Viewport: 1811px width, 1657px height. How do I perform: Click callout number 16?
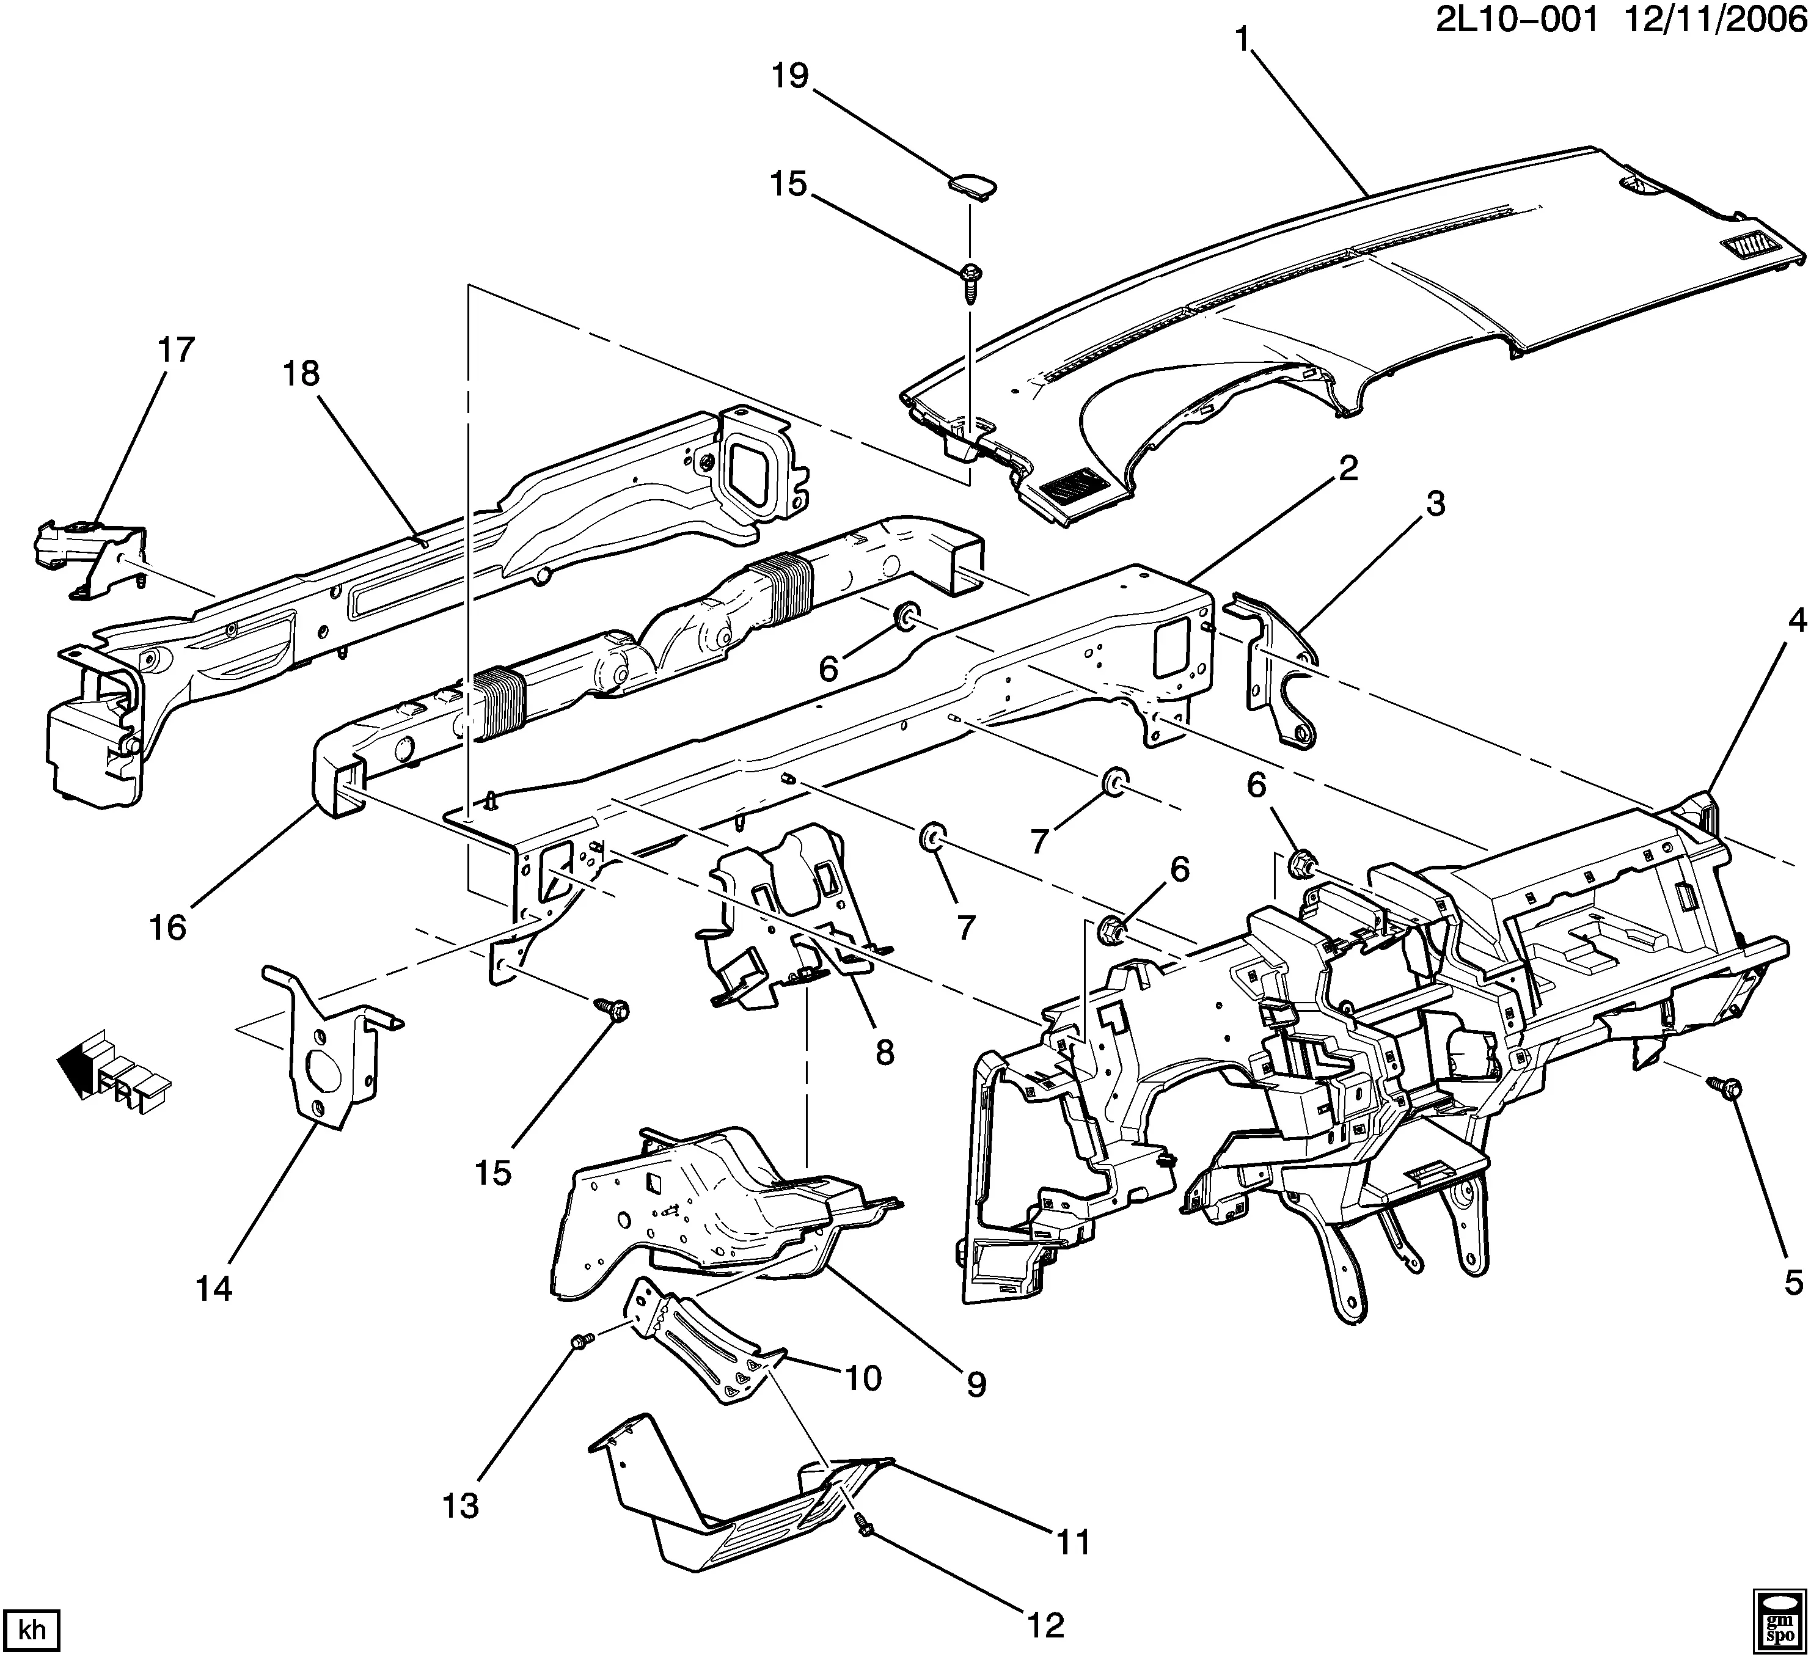click(168, 927)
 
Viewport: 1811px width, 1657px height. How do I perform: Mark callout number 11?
click(1072, 1542)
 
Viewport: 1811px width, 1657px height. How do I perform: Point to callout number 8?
click(885, 1053)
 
